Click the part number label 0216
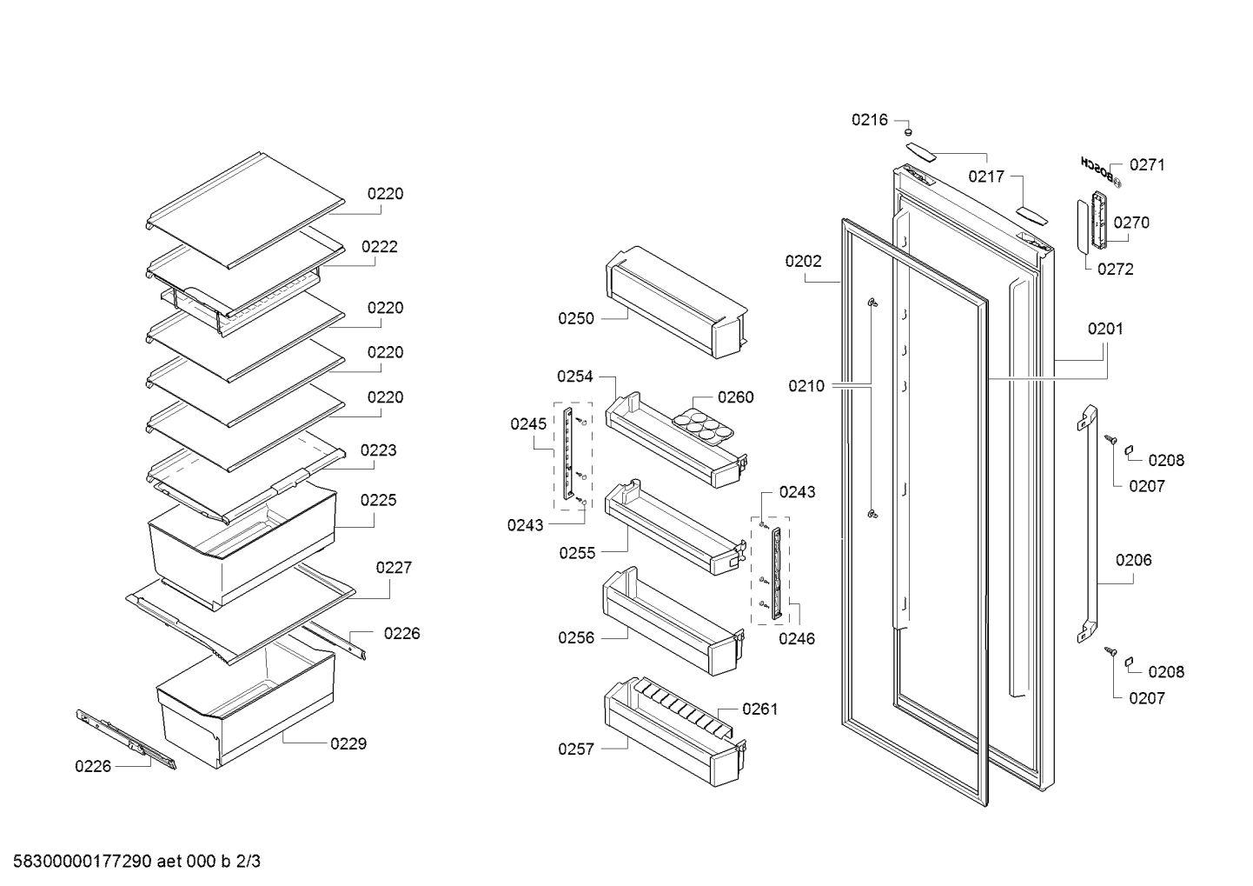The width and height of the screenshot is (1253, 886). (869, 120)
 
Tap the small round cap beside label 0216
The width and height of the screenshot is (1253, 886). (908, 132)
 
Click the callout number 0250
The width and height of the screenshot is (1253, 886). (575, 318)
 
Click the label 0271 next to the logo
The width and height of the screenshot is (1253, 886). (1147, 164)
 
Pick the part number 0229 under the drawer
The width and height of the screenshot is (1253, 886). (348, 743)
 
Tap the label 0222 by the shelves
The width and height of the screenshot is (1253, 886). (379, 247)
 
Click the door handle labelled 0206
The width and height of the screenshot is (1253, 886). (1087, 524)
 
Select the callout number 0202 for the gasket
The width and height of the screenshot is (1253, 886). (803, 262)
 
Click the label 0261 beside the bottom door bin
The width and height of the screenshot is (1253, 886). (759, 709)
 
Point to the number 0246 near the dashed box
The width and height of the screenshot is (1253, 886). (797, 638)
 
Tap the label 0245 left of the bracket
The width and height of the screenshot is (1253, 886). (528, 424)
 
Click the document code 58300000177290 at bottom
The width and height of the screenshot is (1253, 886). (83, 862)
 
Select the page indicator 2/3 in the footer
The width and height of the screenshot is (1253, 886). (248, 862)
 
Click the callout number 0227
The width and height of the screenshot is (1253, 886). (394, 568)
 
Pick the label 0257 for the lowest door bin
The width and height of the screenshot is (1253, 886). (575, 749)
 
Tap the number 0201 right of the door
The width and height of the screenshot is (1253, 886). (1104, 329)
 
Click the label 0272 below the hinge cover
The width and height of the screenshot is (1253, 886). (1115, 270)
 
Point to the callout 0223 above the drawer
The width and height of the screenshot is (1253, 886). (378, 450)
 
